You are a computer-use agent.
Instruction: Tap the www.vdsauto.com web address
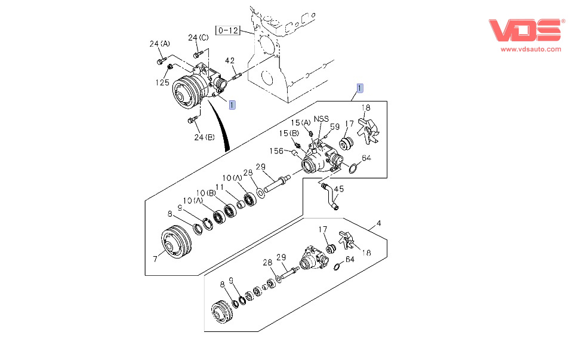pos(526,50)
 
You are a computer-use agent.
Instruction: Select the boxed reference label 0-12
pos(228,29)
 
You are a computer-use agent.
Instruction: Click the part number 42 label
pos(230,61)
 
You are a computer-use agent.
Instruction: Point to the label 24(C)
pos(198,38)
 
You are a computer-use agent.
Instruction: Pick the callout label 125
pos(163,82)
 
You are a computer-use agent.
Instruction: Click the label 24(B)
pos(204,137)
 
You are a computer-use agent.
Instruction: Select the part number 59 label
pos(335,127)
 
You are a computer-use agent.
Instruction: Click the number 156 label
pos(276,150)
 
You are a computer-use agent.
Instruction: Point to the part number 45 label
pos(338,190)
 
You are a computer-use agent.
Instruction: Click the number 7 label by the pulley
pos(155,259)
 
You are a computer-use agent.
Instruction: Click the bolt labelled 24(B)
pos(192,121)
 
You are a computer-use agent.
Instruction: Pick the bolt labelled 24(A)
pos(160,61)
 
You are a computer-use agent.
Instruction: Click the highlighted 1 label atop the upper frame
pos(359,88)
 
